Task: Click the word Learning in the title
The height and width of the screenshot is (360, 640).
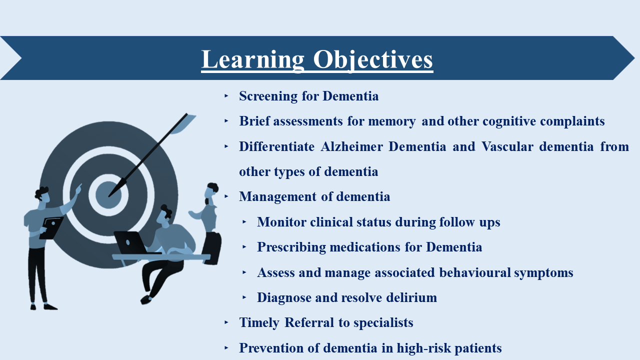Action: tap(253, 59)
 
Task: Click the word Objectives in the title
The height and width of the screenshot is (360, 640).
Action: tap(373, 59)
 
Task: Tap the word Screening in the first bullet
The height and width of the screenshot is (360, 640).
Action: tap(268, 96)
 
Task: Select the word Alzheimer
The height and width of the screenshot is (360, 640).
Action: tap(351, 146)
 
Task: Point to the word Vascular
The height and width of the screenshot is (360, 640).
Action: tap(507, 146)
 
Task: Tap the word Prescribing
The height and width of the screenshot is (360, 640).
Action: tap(291, 247)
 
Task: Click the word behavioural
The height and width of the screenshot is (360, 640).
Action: tap(475, 272)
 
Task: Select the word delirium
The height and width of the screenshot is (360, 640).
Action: tap(411, 297)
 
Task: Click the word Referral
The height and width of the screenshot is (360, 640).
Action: tap(309, 322)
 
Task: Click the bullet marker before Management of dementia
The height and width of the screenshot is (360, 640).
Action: tap(226, 196)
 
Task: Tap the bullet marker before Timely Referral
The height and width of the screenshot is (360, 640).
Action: tap(226, 322)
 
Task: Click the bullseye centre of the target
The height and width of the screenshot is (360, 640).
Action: tap(108, 195)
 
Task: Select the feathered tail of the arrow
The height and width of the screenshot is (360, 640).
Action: tap(183, 124)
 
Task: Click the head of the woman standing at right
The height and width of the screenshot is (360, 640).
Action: tap(211, 191)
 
